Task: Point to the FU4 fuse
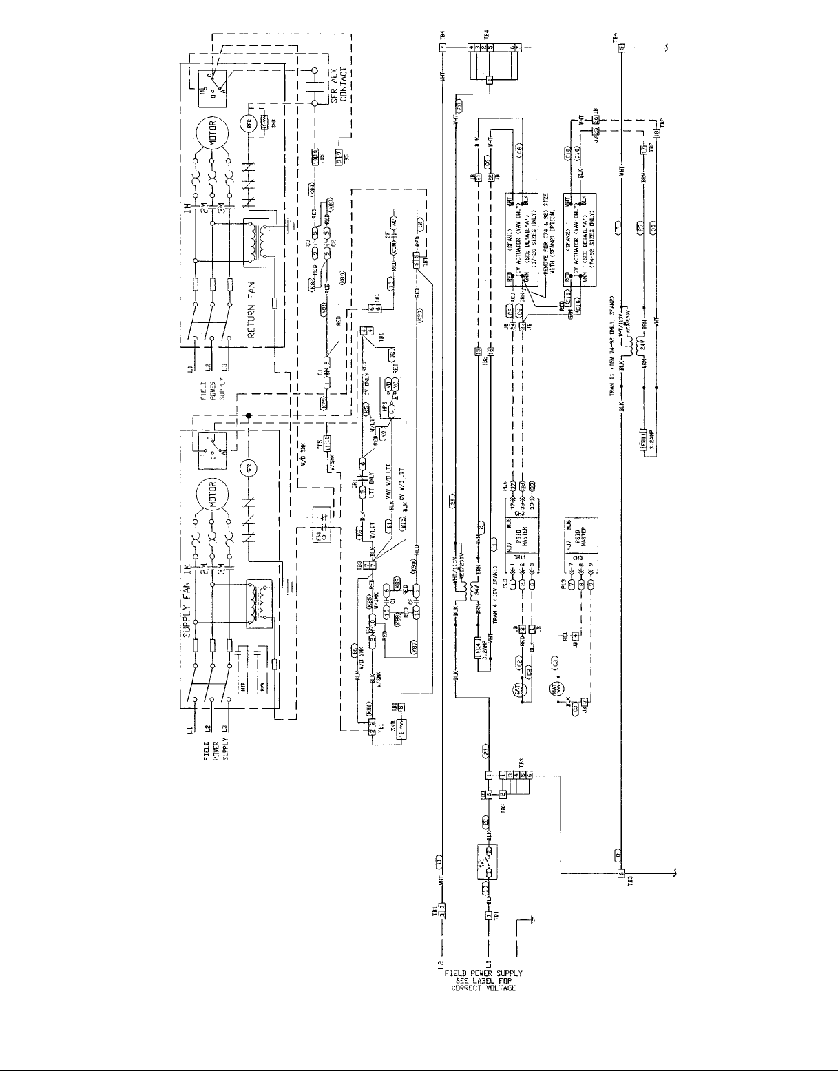point(481,649)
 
